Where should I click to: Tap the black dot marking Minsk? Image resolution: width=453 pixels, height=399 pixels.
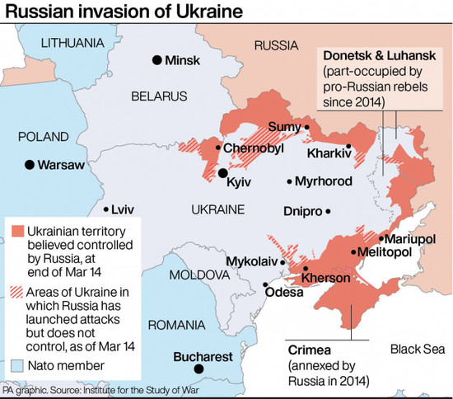156,59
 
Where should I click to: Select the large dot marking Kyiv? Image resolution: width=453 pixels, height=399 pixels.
222,173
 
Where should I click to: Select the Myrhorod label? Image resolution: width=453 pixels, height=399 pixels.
324,181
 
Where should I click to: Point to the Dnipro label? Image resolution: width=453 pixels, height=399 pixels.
302,211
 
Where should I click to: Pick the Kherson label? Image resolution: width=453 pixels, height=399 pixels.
326,278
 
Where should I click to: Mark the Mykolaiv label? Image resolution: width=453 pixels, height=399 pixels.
249,261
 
